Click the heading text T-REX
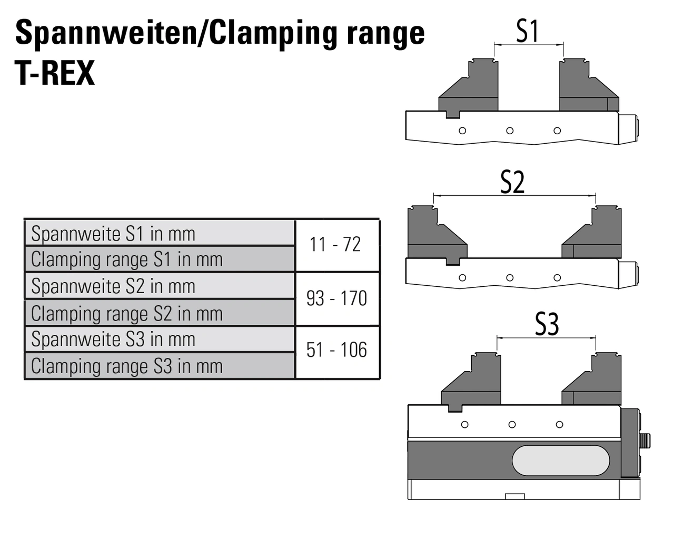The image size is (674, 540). click(55, 73)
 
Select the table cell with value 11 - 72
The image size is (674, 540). click(335, 245)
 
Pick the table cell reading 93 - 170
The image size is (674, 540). click(336, 298)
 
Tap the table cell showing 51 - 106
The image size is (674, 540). click(336, 350)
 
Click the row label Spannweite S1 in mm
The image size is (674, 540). click(113, 234)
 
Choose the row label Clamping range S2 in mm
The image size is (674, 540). click(127, 314)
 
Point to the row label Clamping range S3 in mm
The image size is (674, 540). click(127, 366)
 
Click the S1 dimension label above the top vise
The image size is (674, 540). click(527, 31)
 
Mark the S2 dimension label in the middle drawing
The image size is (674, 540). click(512, 183)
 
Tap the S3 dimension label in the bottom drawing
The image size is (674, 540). click(547, 324)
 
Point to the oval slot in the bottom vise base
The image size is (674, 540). click(561, 461)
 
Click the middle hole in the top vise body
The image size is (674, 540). click(510, 131)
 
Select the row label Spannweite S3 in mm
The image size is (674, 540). click(113, 339)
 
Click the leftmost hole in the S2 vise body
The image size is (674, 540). click(462, 277)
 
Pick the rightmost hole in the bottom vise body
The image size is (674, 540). click(559, 424)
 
